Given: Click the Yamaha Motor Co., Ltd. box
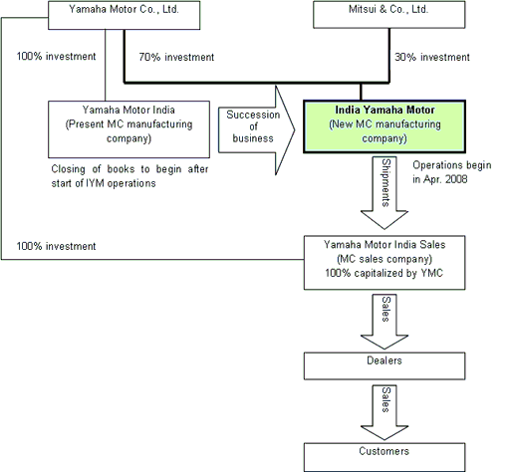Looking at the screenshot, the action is click(124, 15).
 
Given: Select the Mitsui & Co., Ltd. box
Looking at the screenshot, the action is click(388, 15).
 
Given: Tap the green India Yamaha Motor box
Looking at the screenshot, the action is click(384, 126).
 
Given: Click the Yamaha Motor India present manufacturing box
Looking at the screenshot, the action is click(128, 129).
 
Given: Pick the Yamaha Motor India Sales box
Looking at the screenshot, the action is click(384, 263).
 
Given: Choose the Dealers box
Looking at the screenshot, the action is click(384, 365).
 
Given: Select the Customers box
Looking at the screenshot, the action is click(384, 457).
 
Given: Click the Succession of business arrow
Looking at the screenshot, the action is click(256, 130).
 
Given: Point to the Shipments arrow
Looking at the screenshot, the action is click(384, 193).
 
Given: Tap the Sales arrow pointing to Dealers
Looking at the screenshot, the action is click(384, 322).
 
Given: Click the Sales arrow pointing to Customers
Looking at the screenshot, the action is click(384, 412).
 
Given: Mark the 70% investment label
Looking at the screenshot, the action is click(176, 57).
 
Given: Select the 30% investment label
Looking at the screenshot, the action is click(432, 57).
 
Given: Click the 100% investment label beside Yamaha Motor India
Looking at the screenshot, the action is click(56, 56).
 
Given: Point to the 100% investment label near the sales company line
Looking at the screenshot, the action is click(56, 246).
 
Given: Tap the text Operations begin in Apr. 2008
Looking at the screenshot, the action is click(452, 172).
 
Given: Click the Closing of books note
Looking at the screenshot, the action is click(129, 176).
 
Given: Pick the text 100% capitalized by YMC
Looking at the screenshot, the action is click(384, 273).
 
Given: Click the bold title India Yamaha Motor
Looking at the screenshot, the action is click(384, 110).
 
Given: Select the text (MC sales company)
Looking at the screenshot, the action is click(384, 259).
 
